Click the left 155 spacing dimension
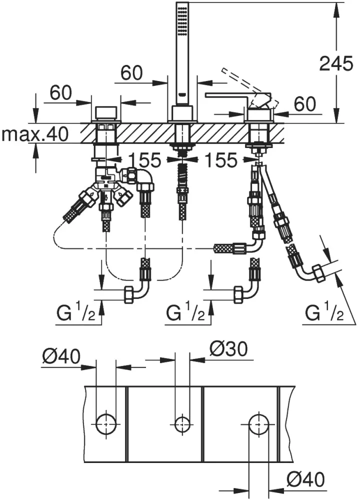click(144, 159)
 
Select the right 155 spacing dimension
click(221, 159)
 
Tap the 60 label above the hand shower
click(131, 72)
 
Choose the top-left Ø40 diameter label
click(61, 356)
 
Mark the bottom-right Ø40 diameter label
click(305, 479)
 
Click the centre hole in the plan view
click(182, 424)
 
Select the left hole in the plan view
click(106, 424)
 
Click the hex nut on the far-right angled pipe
click(317, 273)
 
